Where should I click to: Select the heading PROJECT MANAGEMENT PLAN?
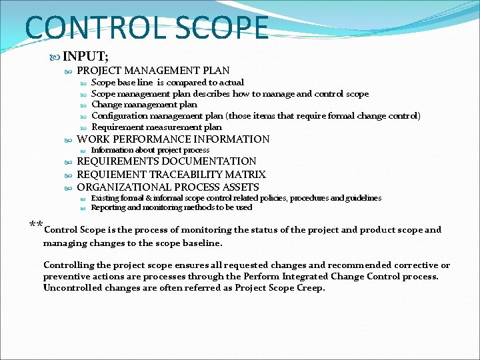pyautogui.click(x=153, y=70)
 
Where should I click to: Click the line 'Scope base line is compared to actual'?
pyautogui.click(x=167, y=82)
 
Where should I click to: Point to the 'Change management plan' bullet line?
pyautogui.click(x=144, y=104)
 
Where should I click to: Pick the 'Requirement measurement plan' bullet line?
pyautogui.click(x=157, y=127)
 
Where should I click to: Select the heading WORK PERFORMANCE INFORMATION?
pyautogui.click(x=173, y=139)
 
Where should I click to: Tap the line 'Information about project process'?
pyautogui.click(x=150, y=150)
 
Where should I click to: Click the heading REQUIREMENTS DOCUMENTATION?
pyautogui.click(x=167, y=161)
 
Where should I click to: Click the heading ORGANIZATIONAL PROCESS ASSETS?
pyautogui.click(x=168, y=187)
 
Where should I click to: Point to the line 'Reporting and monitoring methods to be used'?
pyautogui.click(x=171, y=207)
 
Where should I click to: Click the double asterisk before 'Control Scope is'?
pyautogui.click(x=36, y=224)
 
